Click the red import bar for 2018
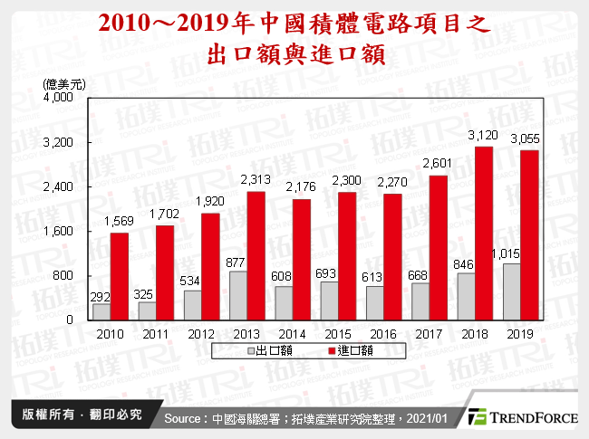483,233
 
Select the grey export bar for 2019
510,291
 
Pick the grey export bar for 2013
238,295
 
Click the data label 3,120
483,135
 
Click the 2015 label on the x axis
338,333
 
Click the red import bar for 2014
302,259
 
